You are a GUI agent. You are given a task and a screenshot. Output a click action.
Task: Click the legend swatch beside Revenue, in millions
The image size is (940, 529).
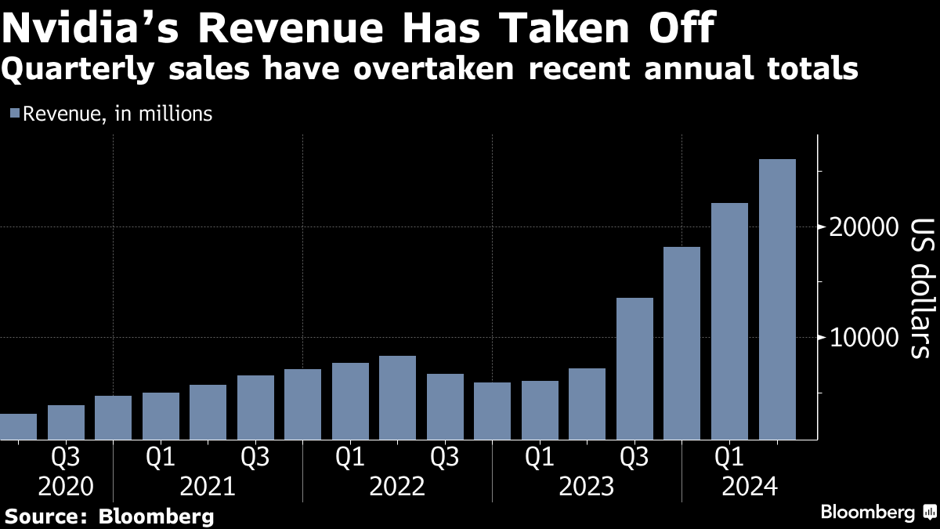click(14, 114)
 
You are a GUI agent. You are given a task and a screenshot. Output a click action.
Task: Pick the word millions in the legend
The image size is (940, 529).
click(176, 114)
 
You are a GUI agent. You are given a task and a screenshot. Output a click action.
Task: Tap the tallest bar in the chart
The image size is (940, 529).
click(777, 299)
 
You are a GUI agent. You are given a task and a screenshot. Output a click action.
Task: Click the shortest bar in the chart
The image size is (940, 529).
click(17, 426)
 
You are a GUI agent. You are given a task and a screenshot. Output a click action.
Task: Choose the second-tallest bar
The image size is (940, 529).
click(730, 321)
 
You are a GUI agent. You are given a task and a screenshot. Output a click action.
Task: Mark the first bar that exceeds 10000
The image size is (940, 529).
click(634, 368)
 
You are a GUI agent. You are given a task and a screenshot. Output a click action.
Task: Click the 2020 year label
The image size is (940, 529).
click(65, 487)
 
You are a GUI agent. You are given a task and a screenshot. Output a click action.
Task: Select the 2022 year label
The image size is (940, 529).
click(397, 487)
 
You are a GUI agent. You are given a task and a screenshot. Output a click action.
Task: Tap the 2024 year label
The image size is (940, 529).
click(749, 487)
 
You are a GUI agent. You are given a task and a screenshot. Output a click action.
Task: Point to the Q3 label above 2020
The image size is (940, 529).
click(65, 456)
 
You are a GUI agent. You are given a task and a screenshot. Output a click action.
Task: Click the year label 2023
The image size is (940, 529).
click(587, 487)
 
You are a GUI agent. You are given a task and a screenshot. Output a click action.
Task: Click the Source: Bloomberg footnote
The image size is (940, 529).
click(110, 516)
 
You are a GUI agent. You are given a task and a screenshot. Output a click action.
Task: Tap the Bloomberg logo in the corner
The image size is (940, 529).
click(877, 513)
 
